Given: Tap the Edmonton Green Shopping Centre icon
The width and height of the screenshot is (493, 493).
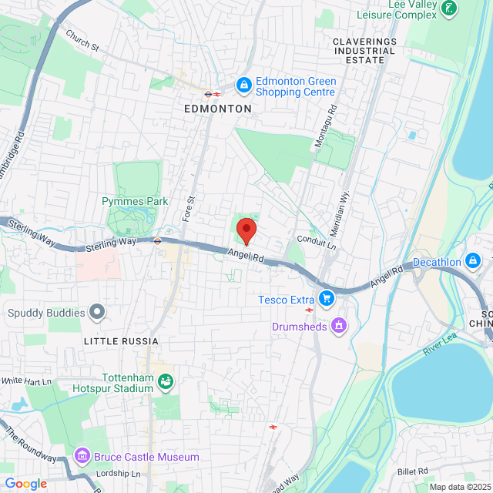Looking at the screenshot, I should pyautogui.click(x=243, y=84).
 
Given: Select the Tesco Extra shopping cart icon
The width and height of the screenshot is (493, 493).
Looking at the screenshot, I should pyautogui.click(x=327, y=297).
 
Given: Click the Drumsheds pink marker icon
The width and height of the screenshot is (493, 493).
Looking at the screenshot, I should pyautogui.click(x=337, y=327).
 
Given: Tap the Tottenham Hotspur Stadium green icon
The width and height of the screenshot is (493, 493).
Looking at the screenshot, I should pyautogui.click(x=165, y=381).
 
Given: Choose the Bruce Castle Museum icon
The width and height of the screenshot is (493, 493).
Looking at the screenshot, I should pyautogui.click(x=82, y=457).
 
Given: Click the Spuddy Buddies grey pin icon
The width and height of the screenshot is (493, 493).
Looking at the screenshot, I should pyautogui.click(x=96, y=313).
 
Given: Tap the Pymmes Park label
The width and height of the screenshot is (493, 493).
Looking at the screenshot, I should pyautogui.click(x=135, y=202).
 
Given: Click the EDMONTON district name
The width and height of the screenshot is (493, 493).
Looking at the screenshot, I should pyautogui.click(x=218, y=109).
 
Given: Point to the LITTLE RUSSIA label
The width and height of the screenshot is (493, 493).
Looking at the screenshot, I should pyautogui.click(x=121, y=340).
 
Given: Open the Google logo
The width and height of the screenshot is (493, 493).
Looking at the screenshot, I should pyautogui.click(x=25, y=483).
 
